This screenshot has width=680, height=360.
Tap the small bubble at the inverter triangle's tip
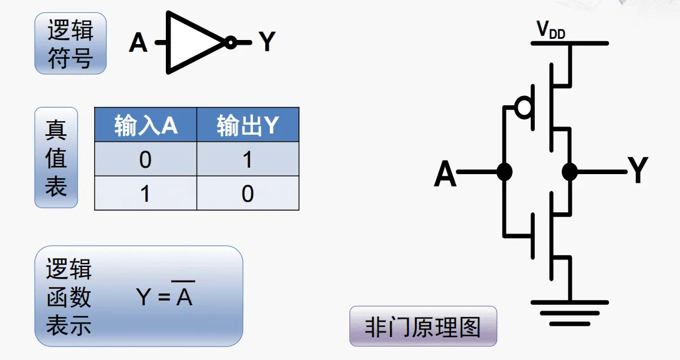(231, 42)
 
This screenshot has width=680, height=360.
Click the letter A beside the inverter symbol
(138, 42)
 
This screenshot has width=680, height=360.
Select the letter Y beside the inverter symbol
(267, 42)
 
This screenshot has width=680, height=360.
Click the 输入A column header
(146, 125)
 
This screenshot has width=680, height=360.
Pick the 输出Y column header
(248, 125)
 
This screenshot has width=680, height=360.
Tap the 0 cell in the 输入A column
(145, 159)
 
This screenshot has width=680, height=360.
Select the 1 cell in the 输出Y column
(248, 159)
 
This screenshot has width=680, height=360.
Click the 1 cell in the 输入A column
(145, 193)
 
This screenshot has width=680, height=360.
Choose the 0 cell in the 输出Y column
(248, 193)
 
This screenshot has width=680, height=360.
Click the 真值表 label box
(56, 158)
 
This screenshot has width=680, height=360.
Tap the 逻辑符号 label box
(71, 44)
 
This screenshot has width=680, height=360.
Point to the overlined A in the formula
(184, 296)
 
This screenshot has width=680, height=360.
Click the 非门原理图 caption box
(423, 326)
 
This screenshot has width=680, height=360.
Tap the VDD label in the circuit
(550, 31)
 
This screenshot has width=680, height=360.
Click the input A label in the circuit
(445, 174)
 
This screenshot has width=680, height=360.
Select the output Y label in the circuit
(638, 172)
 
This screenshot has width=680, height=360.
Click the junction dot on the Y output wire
(569, 172)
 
